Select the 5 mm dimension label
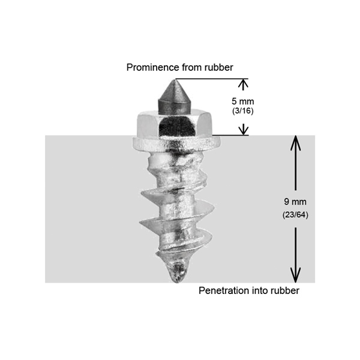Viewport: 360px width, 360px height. click(243, 101)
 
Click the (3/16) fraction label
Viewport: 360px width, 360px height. click(243, 112)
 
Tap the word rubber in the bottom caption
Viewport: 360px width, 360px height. click(284, 291)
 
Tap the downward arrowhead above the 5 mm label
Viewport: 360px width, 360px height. click(243, 84)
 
